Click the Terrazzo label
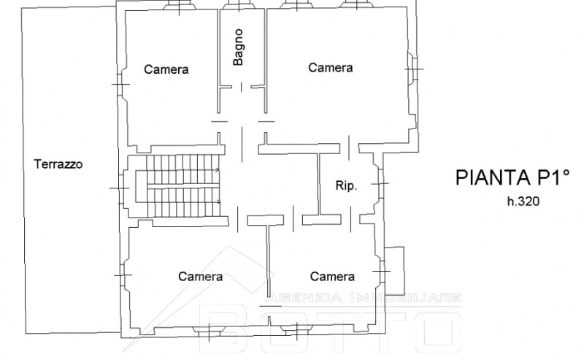coord(58,164)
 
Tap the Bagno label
coord(238,47)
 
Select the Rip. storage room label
coord(346,185)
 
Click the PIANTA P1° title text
coord(513,177)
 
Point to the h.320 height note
coord(523,202)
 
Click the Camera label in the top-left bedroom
coord(166,69)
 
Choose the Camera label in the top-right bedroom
coord(331,67)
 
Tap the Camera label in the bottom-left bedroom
coord(200,276)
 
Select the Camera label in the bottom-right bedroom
coord(332,276)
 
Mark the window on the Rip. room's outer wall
coord(380,183)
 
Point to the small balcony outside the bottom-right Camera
coord(395,271)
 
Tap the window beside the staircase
coord(121,188)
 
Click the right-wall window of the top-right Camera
coord(412,69)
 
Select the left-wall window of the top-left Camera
coord(120,84)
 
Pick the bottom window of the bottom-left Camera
coord(209,330)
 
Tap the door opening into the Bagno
coord(241,87)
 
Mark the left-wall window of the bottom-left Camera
coord(122,275)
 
